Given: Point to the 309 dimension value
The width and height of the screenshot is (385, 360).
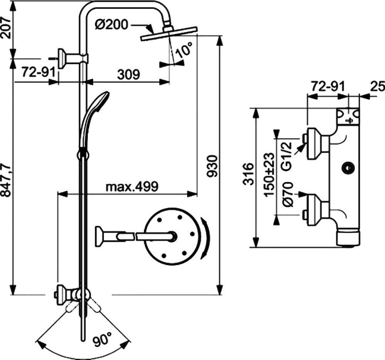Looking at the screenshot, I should [128, 75].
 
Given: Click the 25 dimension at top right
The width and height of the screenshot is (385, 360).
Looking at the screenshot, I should [378, 86].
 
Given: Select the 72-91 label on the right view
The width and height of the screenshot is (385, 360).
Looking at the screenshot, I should [327, 86].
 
